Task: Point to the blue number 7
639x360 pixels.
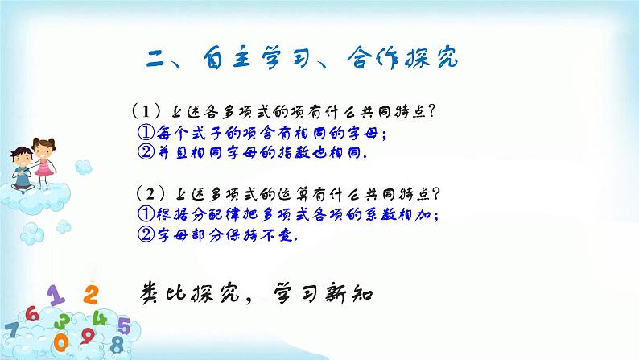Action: click(x=11, y=331)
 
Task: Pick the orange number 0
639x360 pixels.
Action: click(x=60, y=341)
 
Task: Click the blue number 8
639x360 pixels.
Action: click(x=117, y=345)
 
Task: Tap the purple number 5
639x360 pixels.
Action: click(x=123, y=325)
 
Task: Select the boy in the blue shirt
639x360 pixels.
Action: click(x=19, y=164)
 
